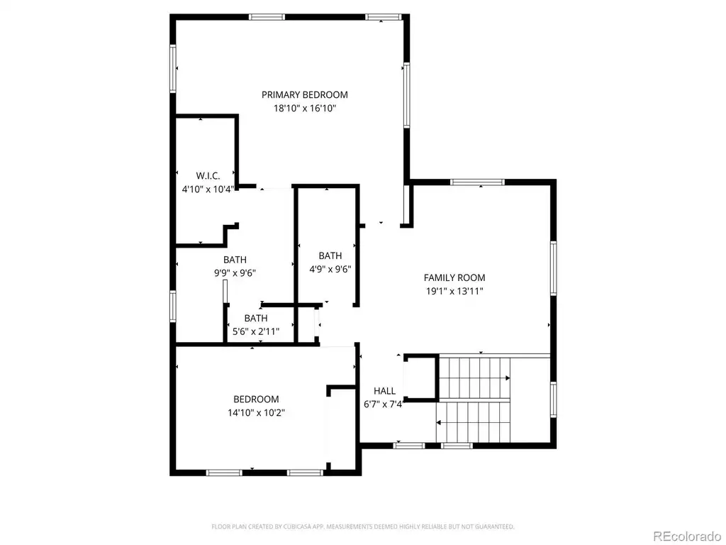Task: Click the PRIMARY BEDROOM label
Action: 305,95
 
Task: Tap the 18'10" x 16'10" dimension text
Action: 305,109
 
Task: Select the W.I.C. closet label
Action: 208,176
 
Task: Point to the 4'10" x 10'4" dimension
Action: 208,189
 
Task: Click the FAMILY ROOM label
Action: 454,277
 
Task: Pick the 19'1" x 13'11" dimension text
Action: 454,291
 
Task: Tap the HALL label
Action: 384,391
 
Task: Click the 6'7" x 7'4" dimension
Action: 384,404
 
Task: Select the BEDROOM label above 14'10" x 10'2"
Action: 256,399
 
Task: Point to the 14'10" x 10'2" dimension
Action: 256,412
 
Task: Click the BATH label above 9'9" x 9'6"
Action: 235,260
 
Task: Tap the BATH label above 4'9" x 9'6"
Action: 330,255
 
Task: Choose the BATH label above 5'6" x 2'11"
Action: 256,318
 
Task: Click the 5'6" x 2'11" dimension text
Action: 256,331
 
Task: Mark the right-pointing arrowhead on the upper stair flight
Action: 508,378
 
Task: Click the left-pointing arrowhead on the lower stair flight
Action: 439,423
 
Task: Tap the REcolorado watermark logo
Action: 686,536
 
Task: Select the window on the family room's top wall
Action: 477,182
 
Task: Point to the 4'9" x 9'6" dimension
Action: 330,269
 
